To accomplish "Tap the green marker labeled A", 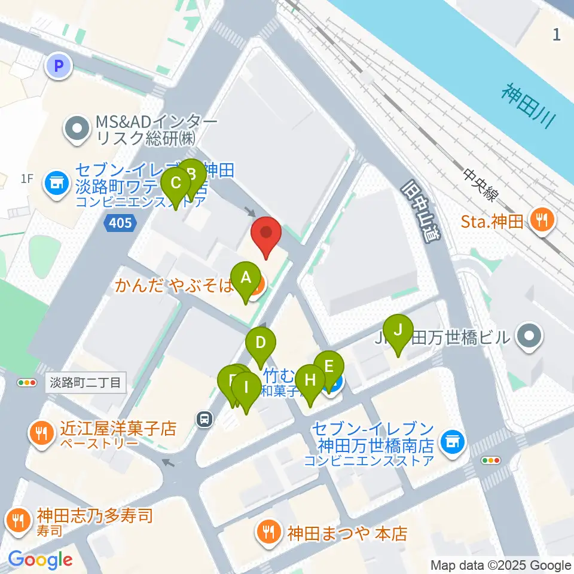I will (x=245, y=279).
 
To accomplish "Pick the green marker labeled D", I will (x=261, y=344).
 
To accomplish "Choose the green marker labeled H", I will (x=310, y=381).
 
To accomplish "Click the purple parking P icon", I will (x=59, y=66).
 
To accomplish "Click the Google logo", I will (x=40, y=560).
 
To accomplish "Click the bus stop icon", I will (x=205, y=420).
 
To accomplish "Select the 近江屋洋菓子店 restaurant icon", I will (x=41, y=432).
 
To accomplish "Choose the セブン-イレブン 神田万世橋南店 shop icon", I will (x=451, y=442).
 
